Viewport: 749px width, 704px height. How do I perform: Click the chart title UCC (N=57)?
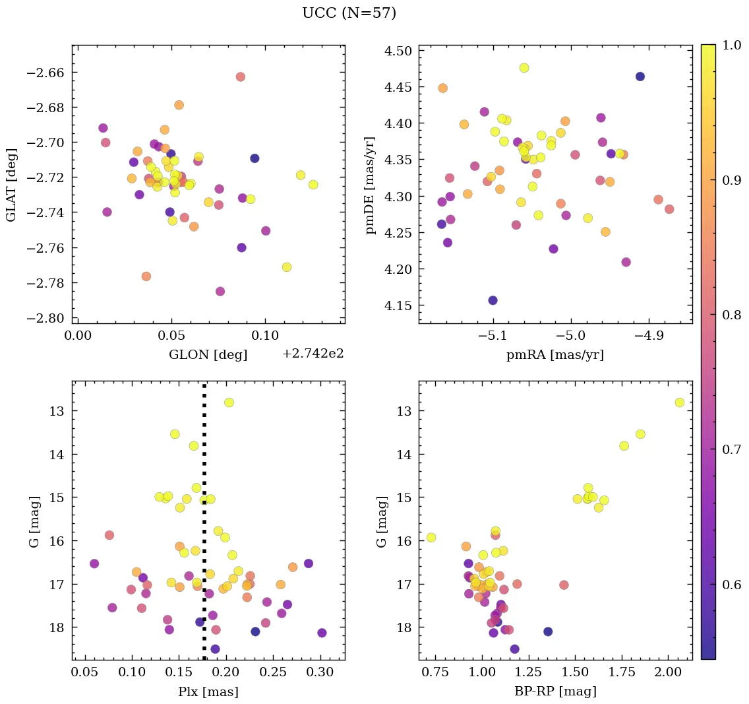tap(349, 13)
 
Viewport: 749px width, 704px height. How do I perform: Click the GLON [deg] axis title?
tap(208, 355)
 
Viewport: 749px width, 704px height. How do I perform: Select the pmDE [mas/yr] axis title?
tap(371, 185)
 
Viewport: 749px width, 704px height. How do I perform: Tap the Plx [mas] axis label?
tap(208, 691)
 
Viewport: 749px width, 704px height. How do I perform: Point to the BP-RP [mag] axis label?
tap(555, 691)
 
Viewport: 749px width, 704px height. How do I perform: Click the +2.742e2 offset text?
tap(313, 354)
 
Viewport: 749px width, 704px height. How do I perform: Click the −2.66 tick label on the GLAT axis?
tap(44, 72)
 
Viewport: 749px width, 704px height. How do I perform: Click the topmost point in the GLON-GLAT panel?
tap(240, 77)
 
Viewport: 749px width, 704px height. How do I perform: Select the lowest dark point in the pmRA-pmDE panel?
tap(493, 300)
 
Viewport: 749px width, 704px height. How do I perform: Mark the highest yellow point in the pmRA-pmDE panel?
tap(524, 68)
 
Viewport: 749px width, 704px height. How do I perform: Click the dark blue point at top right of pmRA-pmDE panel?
tap(640, 77)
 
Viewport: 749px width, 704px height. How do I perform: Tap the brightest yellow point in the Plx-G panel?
tap(229, 402)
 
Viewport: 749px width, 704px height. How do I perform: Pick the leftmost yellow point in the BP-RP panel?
tap(431, 537)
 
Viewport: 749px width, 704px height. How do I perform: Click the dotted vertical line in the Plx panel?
tap(204, 462)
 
